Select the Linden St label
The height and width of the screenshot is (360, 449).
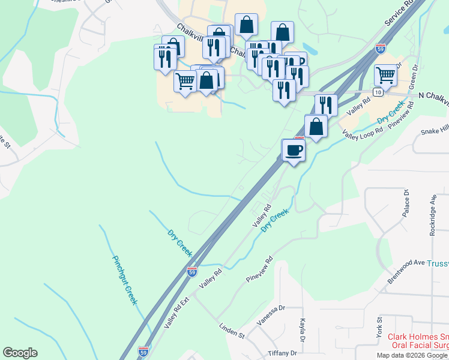coord(232,331)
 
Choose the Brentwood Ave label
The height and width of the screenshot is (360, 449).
coord(406,272)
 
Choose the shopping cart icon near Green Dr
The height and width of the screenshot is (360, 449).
coord(385,75)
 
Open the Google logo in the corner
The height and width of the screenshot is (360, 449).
coord(20,353)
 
